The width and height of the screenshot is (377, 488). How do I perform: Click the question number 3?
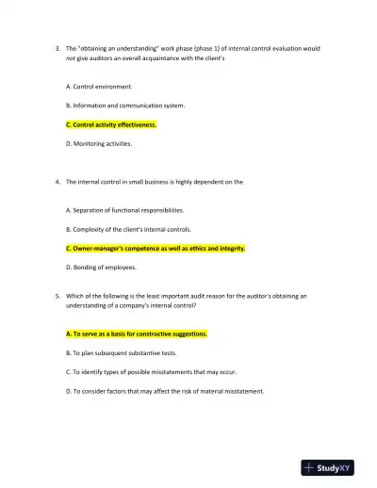(x=57, y=47)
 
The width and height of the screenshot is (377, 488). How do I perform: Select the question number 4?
(x=57, y=181)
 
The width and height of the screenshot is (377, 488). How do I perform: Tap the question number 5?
(x=57, y=295)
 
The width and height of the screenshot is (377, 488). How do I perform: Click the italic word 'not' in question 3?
(x=71, y=57)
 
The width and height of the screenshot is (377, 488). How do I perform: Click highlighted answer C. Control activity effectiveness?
(x=111, y=124)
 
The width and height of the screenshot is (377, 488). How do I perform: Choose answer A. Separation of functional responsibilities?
(x=125, y=210)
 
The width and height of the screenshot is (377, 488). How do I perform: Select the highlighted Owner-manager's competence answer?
(x=156, y=249)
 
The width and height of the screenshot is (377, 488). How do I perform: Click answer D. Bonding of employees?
(x=102, y=268)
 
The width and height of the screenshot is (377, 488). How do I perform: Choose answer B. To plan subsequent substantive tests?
(x=122, y=352)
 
